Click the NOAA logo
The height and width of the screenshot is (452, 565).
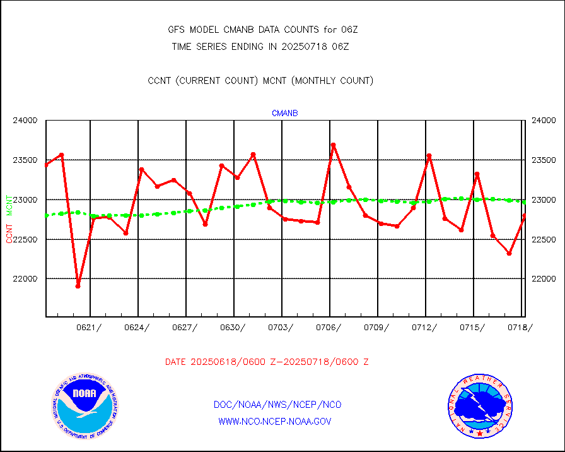(84, 408)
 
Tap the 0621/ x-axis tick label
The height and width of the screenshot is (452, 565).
(89, 327)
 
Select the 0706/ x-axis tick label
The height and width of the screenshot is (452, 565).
(329, 327)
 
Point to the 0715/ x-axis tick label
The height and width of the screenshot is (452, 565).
(472, 327)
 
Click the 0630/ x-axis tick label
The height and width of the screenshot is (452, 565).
(233, 327)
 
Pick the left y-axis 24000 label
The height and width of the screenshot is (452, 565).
(26, 121)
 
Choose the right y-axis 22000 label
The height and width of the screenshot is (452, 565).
(543, 279)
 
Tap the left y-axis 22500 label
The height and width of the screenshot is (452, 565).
(26, 240)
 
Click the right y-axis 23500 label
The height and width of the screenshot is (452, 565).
(543, 160)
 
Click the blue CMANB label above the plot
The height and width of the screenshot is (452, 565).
(284, 114)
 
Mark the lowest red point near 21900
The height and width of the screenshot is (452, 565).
(78, 286)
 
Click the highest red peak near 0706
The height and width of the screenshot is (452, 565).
(333, 145)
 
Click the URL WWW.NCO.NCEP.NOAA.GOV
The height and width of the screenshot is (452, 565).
(274, 421)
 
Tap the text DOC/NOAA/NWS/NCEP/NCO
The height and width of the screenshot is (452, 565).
(277, 405)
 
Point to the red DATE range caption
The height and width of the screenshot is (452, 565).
(267, 362)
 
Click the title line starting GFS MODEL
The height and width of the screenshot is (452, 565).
(263, 30)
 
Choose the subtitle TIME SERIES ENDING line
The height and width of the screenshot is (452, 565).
(260, 47)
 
